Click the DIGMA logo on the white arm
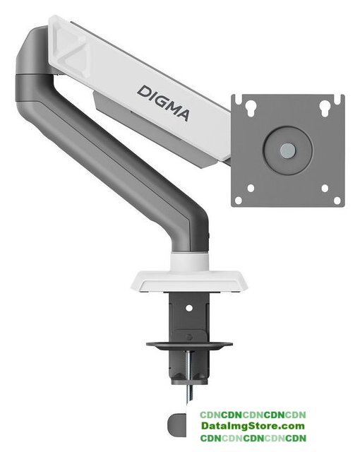tap(164, 102)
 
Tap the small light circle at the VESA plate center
tap(288, 150)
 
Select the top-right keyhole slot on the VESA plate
tap(325, 108)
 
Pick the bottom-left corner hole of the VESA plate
tap(239, 200)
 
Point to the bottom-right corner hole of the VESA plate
tap(337, 200)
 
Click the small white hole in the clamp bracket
tap(189, 308)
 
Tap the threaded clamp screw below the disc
tap(189, 378)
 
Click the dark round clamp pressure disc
tap(189, 345)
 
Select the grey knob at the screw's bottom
tap(176, 425)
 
